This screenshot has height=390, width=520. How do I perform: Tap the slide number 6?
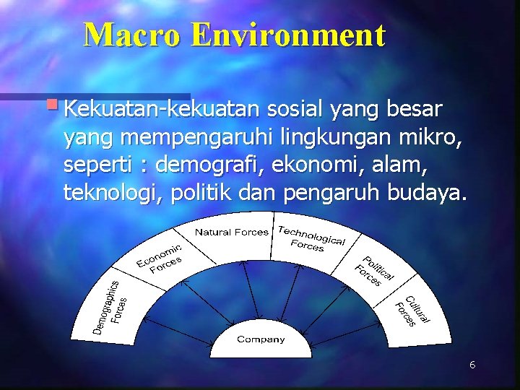[x=472, y=365]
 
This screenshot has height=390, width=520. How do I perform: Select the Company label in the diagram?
[x=261, y=339]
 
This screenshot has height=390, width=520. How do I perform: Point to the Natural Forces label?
[x=231, y=232]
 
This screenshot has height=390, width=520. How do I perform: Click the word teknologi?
[x=113, y=194]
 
